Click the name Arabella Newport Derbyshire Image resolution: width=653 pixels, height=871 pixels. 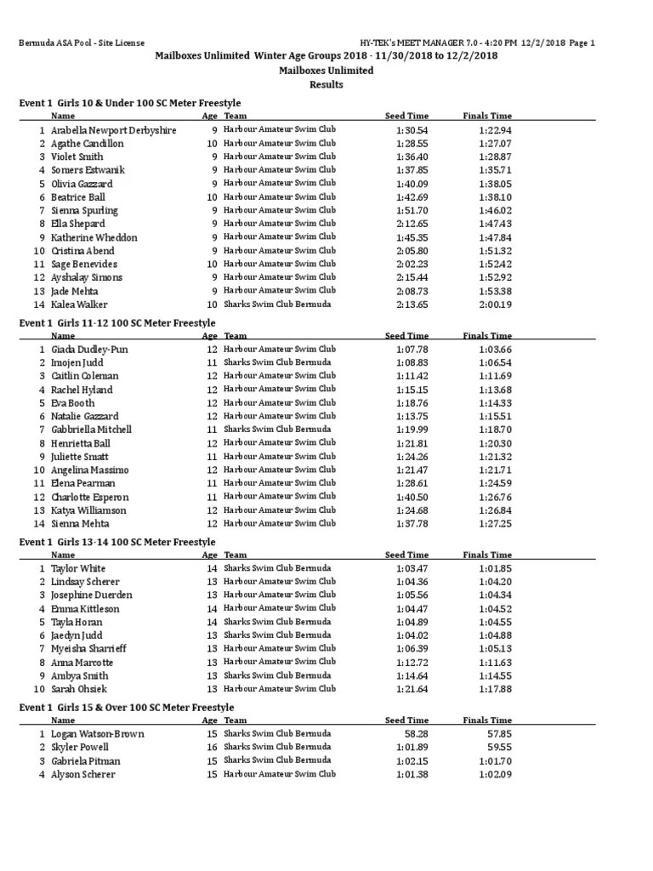[x=113, y=130]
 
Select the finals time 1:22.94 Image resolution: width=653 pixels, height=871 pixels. [x=495, y=130]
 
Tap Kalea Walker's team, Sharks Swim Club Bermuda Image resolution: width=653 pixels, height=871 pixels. [x=277, y=305]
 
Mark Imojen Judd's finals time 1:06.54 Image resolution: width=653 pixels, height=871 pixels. [x=495, y=362]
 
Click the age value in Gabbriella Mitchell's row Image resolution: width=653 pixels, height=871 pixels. [x=212, y=430]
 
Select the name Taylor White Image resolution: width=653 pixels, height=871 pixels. [x=78, y=568]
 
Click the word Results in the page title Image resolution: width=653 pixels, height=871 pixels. [x=326, y=84]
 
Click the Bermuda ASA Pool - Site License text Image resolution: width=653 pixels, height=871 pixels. [x=82, y=43]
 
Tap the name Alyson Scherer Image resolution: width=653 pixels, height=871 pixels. [x=82, y=774]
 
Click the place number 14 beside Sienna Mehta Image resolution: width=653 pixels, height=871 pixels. [x=38, y=524]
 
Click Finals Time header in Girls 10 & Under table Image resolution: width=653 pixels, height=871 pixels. [x=487, y=116]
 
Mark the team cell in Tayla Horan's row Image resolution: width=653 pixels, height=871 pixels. [x=277, y=622]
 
